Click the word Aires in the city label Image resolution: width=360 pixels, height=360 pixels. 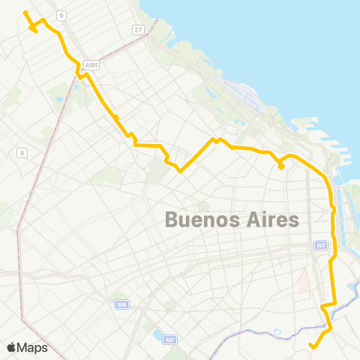click(272, 220)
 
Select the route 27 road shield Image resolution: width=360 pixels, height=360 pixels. click(138, 29)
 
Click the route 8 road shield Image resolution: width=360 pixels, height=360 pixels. click(22, 152)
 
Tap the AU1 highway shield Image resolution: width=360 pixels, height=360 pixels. click(321, 244)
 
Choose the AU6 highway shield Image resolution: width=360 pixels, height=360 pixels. click(121, 304)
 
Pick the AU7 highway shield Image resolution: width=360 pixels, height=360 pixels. click(171, 340)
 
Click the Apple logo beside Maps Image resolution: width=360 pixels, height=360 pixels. click(11, 347)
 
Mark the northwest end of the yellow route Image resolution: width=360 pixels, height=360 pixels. click(25, 13)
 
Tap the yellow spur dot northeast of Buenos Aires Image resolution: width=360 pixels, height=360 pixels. click(280, 167)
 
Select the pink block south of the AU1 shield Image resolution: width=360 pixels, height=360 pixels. click(304, 281)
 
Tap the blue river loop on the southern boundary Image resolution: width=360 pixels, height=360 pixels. click(277, 332)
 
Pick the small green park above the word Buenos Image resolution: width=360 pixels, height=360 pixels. click(203, 205)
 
